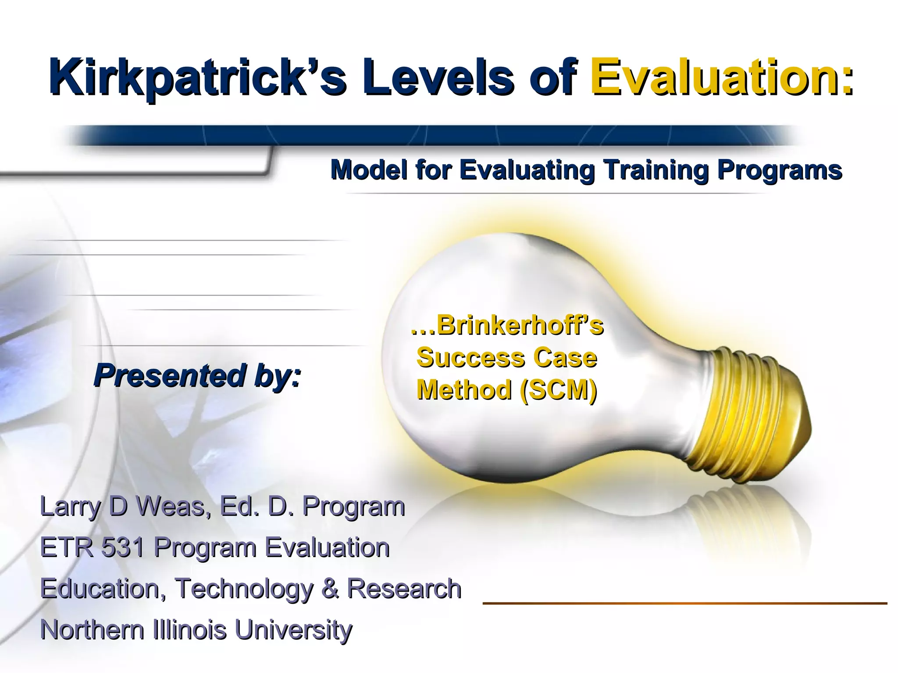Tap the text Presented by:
pyautogui.click(x=197, y=376)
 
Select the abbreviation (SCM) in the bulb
pyautogui.click(x=558, y=390)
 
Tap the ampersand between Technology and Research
pyautogui.click(x=330, y=588)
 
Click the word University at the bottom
pyautogui.click(x=293, y=630)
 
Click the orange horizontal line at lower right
pyautogui.click(x=684, y=604)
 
